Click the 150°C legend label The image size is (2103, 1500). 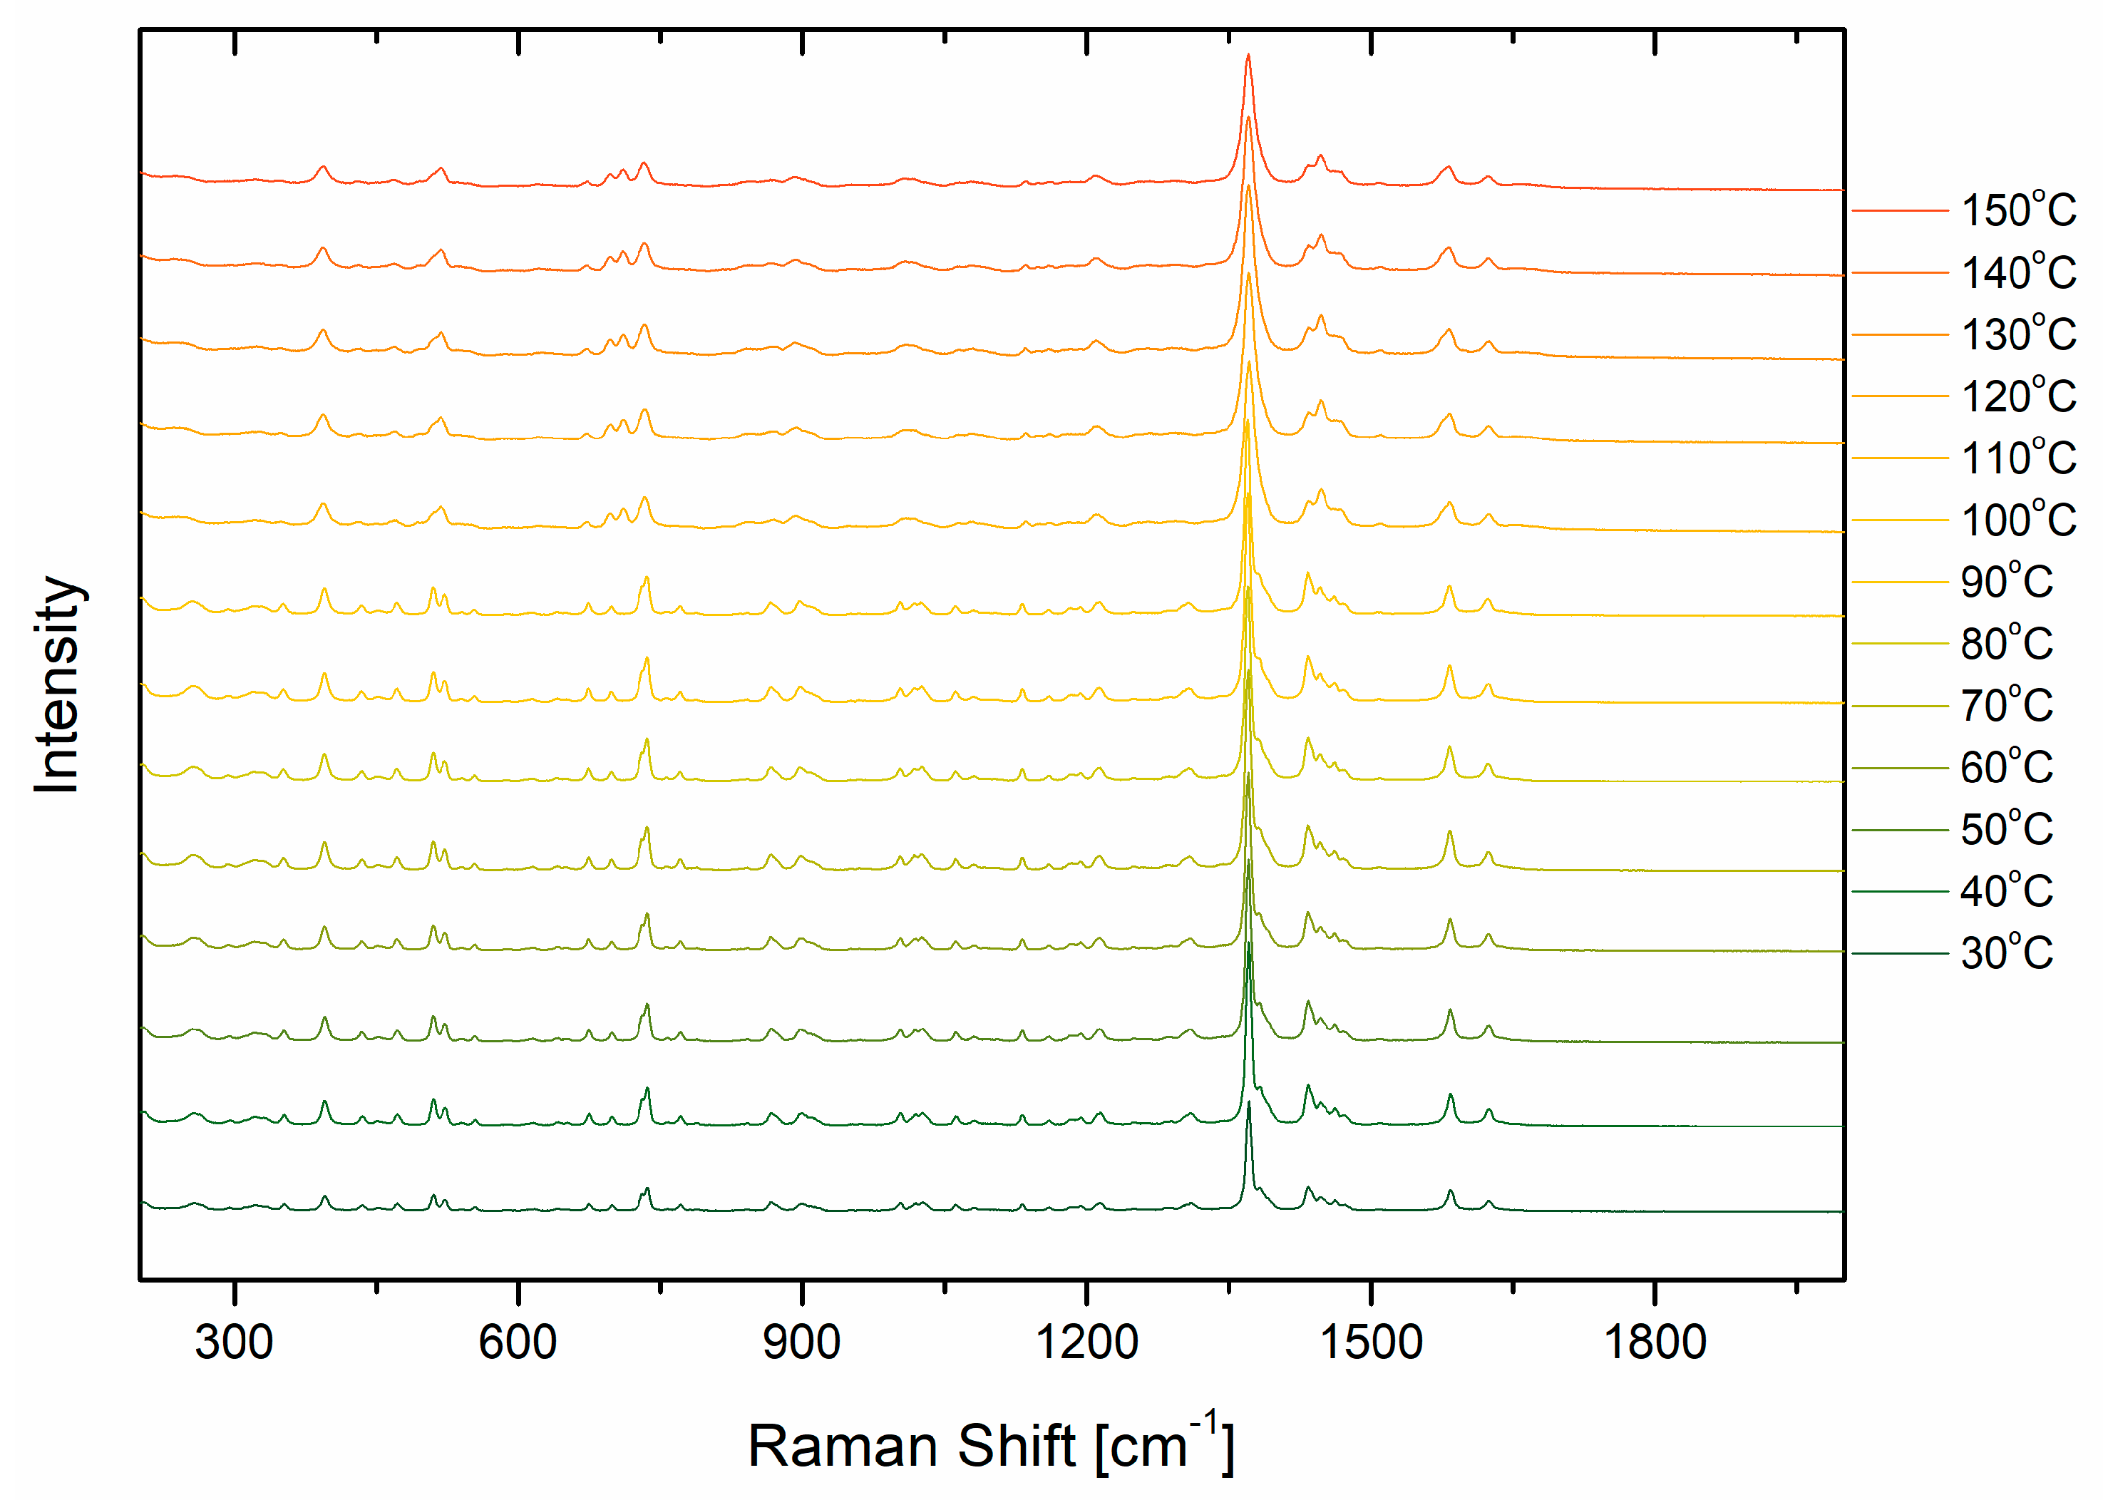[x=2018, y=210]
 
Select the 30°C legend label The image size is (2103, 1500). [x=2006, y=952]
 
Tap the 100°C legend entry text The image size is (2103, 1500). [x=2018, y=520]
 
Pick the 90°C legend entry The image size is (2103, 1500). [x=2006, y=582]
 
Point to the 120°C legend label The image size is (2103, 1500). [x=2018, y=396]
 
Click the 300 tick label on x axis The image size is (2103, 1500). [x=234, y=1341]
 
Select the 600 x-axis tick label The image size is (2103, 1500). [x=518, y=1341]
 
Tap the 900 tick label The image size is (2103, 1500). [x=802, y=1341]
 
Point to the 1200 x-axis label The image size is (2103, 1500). [x=1086, y=1341]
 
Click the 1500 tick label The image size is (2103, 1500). [x=1371, y=1341]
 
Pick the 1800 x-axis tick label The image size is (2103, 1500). [x=1654, y=1341]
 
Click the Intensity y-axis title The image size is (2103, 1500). [x=57, y=684]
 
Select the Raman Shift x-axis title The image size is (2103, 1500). [x=990, y=1446]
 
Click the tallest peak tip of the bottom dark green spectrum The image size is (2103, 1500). [x=1249, y=1102]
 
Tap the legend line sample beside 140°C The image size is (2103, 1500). [x=1899, y=272]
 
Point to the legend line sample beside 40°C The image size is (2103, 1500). [x=1899, y=891]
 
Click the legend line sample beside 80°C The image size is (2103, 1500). [x=1899, y=644]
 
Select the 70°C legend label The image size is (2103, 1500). [x=2006, y=706]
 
